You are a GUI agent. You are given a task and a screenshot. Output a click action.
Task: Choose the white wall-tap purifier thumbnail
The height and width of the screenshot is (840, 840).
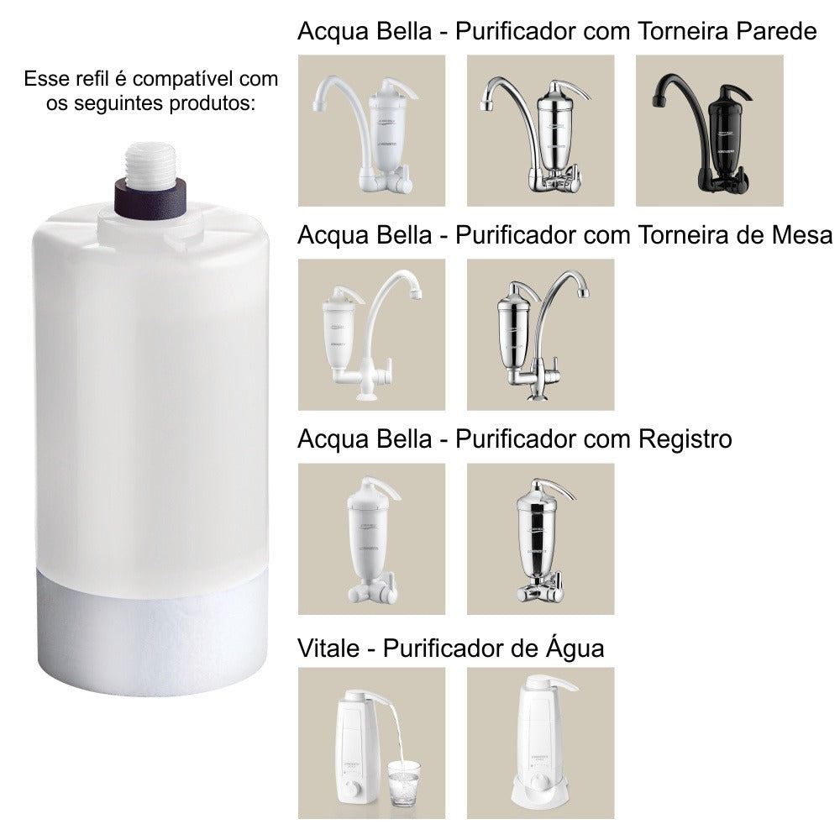click(x=371, y=130)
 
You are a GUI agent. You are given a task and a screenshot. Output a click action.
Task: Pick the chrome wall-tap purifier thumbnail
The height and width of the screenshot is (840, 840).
click(x=540, y=130)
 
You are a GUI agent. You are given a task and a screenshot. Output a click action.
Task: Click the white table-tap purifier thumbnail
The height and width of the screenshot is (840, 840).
click(x=371, y=334)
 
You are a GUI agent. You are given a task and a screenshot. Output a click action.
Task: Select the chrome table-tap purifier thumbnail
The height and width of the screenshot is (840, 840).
click(x=540, y=334)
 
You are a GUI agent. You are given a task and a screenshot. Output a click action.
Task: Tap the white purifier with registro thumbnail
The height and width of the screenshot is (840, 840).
click(x=371, y=538)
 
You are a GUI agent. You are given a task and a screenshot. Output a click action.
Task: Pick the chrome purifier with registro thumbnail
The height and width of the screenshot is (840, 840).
click(x=540, y=538)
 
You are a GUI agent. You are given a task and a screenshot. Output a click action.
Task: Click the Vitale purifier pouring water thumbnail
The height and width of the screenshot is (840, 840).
click(x=371, y=743)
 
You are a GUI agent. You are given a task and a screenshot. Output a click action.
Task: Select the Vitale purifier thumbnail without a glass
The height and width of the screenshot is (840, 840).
click(x=540, y=743)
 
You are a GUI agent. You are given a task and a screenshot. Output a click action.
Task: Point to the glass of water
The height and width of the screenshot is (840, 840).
click(x=404, y=784)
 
